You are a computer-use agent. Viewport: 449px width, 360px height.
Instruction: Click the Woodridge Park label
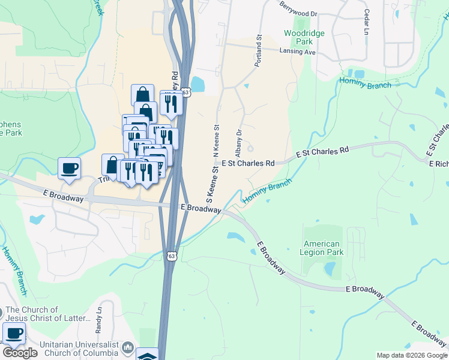pos(299,37)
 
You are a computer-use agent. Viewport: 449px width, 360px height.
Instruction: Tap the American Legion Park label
pos(322,248)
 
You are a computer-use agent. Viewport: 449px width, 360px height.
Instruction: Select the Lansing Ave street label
pos(297,52)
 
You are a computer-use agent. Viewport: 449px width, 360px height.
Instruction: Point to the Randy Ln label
pos(99,325)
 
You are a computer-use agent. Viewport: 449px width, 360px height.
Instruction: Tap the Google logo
pos(20,353)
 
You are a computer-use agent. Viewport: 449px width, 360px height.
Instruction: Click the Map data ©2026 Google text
pos(412,355)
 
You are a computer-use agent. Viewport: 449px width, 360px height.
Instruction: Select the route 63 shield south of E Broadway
pos(172,256)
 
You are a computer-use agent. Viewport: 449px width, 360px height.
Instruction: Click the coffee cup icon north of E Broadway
pos(70,167)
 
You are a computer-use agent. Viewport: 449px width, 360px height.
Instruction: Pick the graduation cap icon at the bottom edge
pos(147,355)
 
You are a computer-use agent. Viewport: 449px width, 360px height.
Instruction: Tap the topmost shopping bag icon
pos(142,94)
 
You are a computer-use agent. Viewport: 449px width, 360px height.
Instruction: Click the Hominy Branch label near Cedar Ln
pos(365,82)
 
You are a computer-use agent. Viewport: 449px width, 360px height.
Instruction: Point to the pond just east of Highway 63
pos(197,84)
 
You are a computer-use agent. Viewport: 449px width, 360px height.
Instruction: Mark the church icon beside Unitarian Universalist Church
pos(127,347)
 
